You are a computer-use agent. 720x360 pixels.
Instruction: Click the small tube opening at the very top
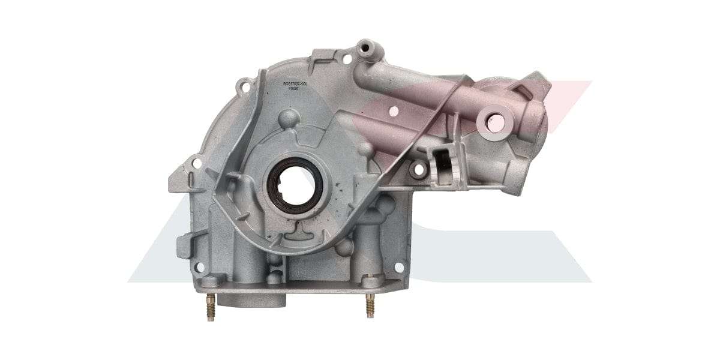pos(364,46)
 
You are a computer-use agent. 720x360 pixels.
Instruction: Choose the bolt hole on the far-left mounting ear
pos(196,161)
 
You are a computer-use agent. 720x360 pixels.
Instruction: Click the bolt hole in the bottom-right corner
pos(398,268)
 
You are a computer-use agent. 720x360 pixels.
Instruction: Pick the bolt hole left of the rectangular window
pos(418,170)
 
